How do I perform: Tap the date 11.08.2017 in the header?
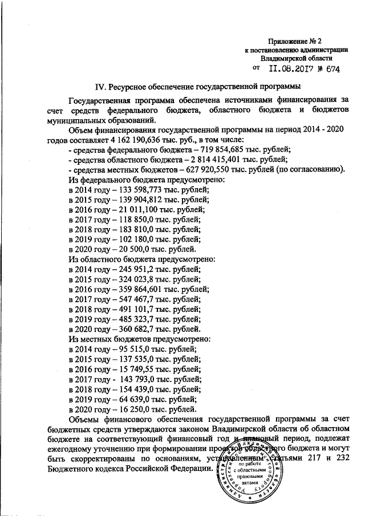286,68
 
